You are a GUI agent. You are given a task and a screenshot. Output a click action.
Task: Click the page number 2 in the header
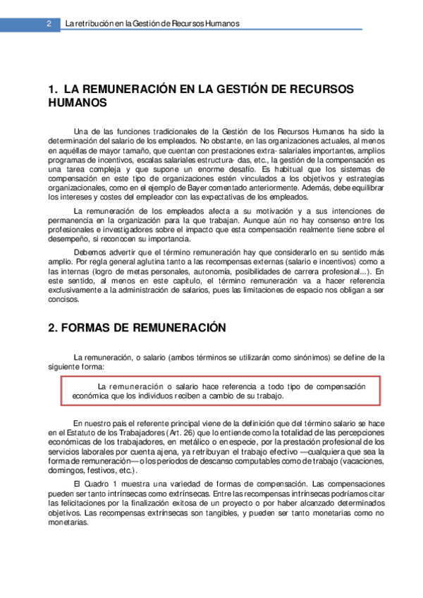[x=49, y=23]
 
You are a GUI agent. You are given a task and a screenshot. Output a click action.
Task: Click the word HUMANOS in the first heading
[x=78, y=103]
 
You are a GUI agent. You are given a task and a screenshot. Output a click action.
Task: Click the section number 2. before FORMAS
[x=53, y=328]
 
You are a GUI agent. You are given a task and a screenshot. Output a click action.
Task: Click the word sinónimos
[x=307, y=358]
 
